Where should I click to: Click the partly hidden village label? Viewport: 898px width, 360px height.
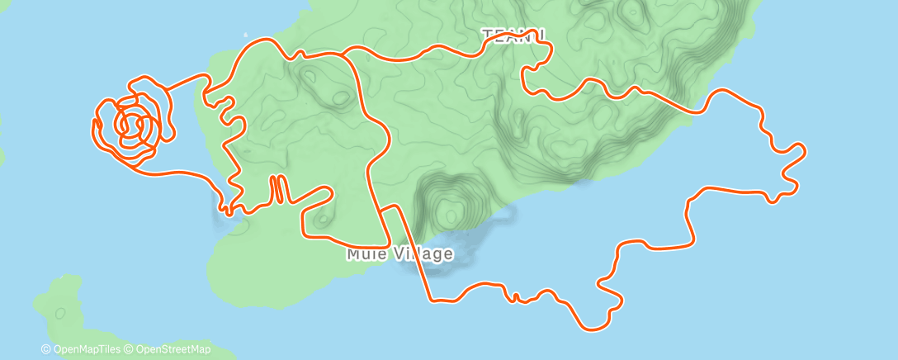399,253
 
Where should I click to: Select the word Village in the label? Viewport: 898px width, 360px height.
423,253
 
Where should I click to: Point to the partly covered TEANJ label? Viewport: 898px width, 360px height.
513,34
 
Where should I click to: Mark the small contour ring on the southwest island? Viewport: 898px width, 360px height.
59,314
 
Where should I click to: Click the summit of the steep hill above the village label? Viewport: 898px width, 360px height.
450,216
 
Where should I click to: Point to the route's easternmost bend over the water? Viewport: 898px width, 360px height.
803,149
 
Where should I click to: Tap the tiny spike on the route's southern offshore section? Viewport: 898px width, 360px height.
514,296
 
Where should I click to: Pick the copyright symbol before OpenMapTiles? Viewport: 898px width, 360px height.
46,350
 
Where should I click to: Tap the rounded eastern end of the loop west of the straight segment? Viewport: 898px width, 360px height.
332,193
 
